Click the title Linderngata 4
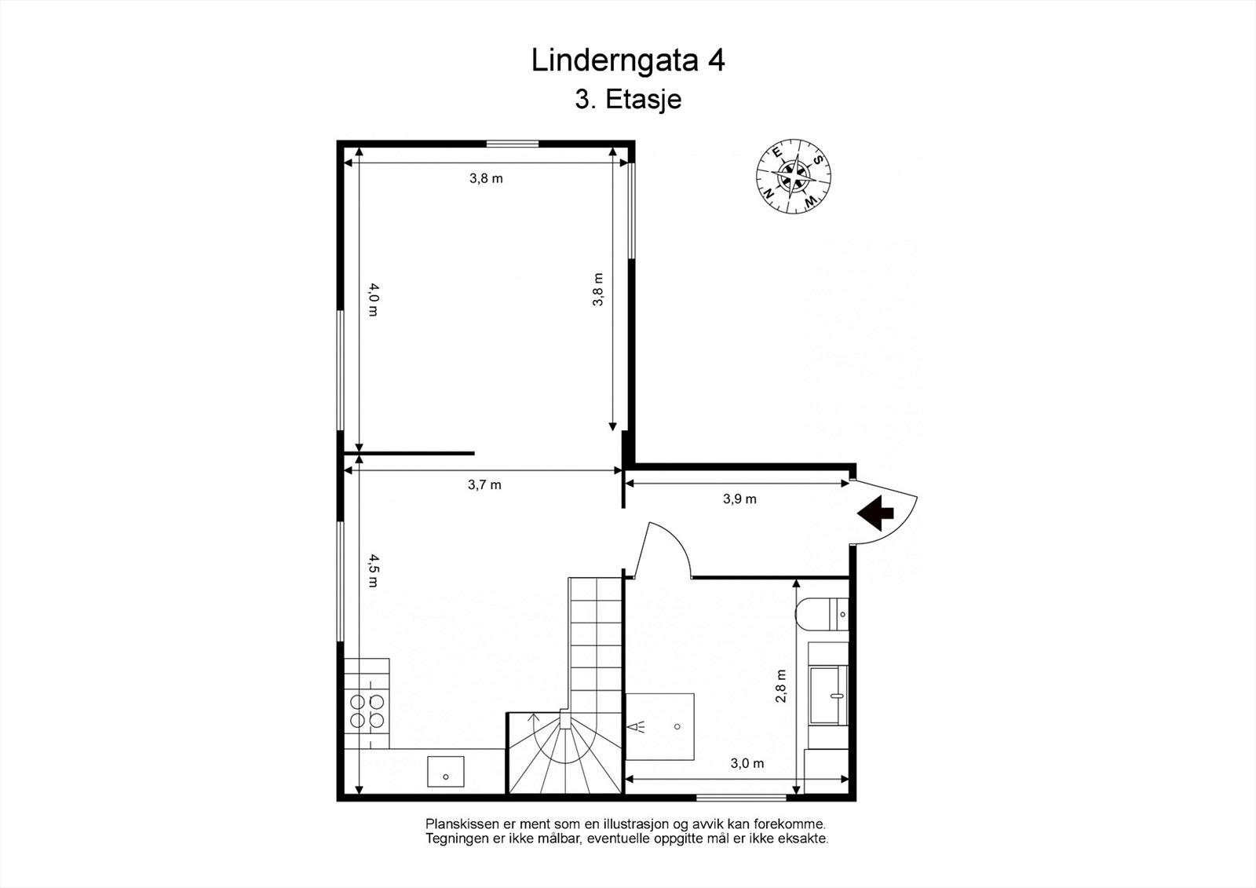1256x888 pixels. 627,60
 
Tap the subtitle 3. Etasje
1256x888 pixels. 627,100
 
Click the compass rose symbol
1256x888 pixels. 794,176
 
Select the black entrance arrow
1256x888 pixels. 876,513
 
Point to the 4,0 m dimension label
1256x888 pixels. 372,300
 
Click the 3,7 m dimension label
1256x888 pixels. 484,485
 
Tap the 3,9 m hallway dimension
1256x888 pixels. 739,499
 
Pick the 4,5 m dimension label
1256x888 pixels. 372,571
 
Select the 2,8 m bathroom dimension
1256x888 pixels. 781,685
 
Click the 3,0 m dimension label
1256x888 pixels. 747,763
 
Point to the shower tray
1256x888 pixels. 661,726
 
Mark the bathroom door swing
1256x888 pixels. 666,550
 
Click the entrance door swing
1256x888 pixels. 885,510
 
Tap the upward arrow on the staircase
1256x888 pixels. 534,720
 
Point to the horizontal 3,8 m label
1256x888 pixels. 486,178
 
